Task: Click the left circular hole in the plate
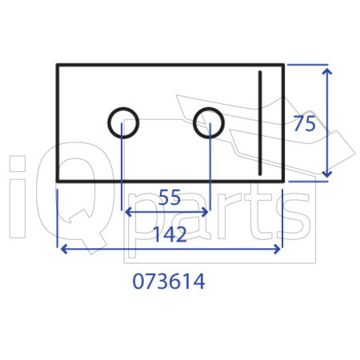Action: (108, 123)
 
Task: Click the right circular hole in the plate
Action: (194, 123)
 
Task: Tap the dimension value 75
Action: (304, 124)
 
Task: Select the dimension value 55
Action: (170, 198)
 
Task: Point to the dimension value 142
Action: (170, 234)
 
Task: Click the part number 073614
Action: (169, 282)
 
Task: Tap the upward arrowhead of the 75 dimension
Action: (327, 71)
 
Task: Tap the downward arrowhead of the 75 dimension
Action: (327, 174)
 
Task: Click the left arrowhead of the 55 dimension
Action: (128, 212)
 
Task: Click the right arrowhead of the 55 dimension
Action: (205, 212)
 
